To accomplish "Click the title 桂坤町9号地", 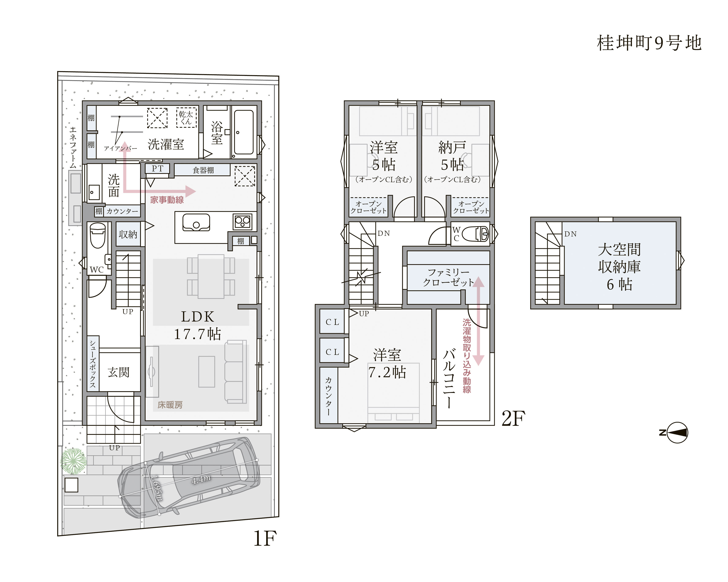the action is coord(649,43).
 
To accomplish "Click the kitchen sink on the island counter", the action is coord(196,222).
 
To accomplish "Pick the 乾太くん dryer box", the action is coord(186,118).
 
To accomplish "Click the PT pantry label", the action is coord(157,168).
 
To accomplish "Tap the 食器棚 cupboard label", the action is coord(203,170).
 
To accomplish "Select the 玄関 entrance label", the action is coord(119,372).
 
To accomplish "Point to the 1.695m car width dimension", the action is coord(157,488).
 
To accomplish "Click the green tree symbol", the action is coord(73,461).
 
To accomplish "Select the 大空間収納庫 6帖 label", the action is coord(619,267).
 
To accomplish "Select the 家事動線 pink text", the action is coord(167,200).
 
